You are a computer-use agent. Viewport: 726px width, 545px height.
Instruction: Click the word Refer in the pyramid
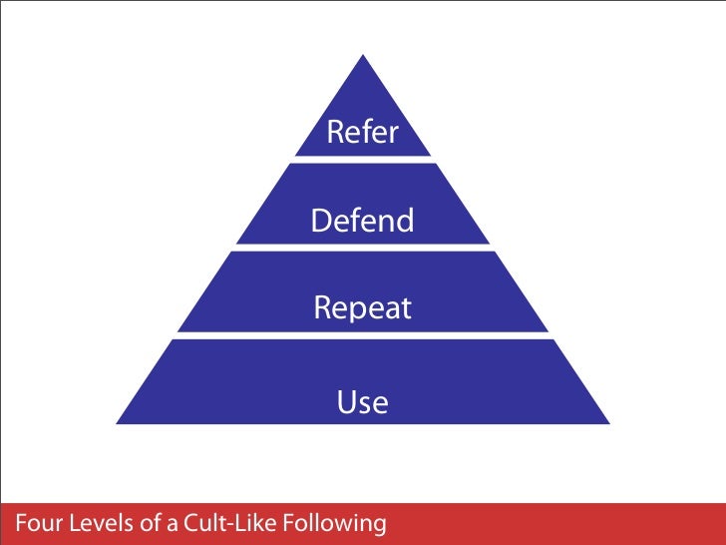(362, 134)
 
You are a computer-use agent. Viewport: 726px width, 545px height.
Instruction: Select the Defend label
(362, 221)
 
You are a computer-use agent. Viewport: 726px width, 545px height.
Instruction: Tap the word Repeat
(362, 308)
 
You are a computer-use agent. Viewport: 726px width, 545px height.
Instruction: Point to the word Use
(362, 403)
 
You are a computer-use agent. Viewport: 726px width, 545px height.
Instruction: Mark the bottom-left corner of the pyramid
(118, 423)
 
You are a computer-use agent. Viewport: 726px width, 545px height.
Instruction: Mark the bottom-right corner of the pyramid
(608, 423)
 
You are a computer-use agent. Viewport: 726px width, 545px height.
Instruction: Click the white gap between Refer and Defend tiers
(363, 161)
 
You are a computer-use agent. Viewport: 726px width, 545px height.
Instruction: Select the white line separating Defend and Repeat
(363, 248)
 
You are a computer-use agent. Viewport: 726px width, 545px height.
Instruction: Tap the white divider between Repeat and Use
(363, 335)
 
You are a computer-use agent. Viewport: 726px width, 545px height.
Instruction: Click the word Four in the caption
(36, 522)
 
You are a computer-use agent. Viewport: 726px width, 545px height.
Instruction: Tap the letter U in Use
(345, 403)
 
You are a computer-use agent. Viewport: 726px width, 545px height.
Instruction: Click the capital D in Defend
(321, 221)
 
